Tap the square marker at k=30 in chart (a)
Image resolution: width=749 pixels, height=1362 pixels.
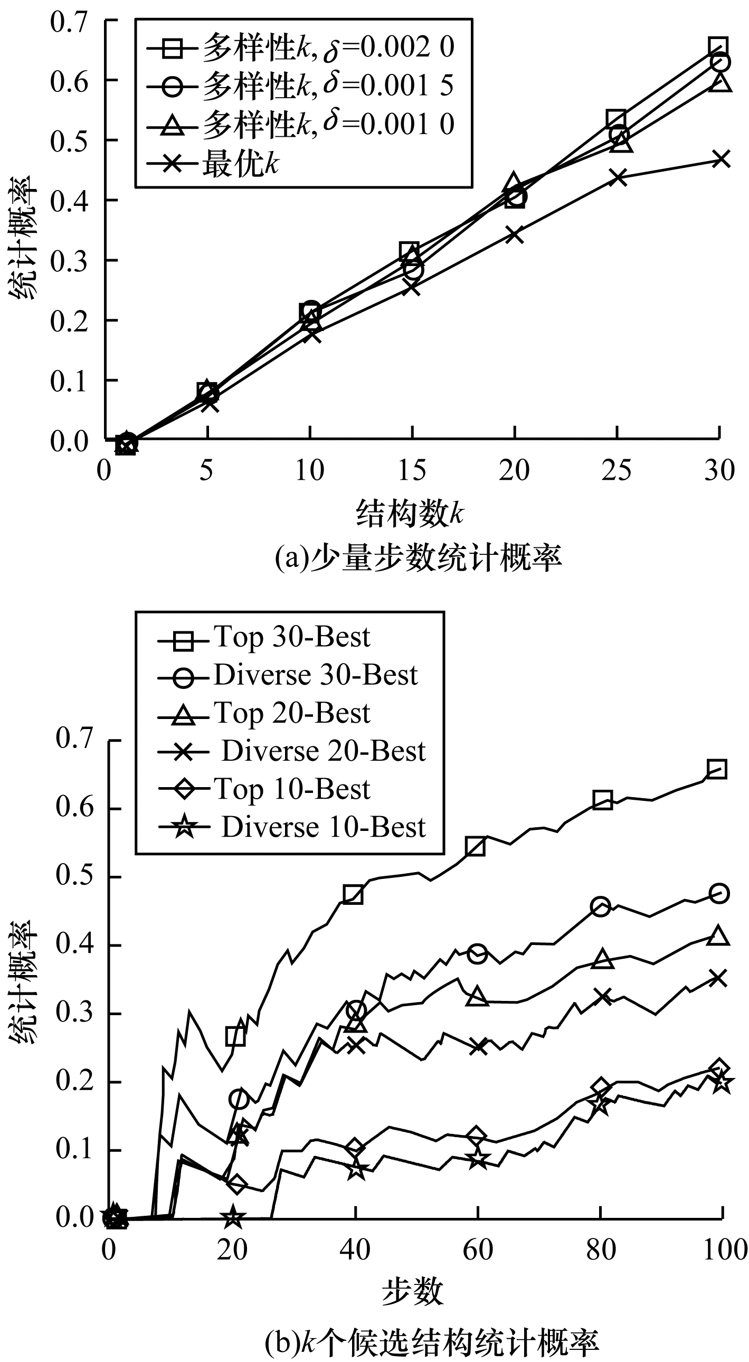[x=718, y=47]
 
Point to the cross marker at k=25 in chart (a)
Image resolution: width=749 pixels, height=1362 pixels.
[x=618, y=177]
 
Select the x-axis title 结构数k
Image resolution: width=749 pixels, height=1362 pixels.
[x=410, y=513]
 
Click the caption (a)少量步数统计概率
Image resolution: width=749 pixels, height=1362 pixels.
[x=418, y=558]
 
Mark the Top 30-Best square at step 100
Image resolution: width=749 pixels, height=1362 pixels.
[x=717, y=769]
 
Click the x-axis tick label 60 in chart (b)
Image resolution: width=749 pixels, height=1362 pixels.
[x=477, y=1251]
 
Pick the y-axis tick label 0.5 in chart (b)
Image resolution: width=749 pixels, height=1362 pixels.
[x=73, y=876]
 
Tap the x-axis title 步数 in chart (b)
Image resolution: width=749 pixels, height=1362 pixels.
[x=412, y=1292]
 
